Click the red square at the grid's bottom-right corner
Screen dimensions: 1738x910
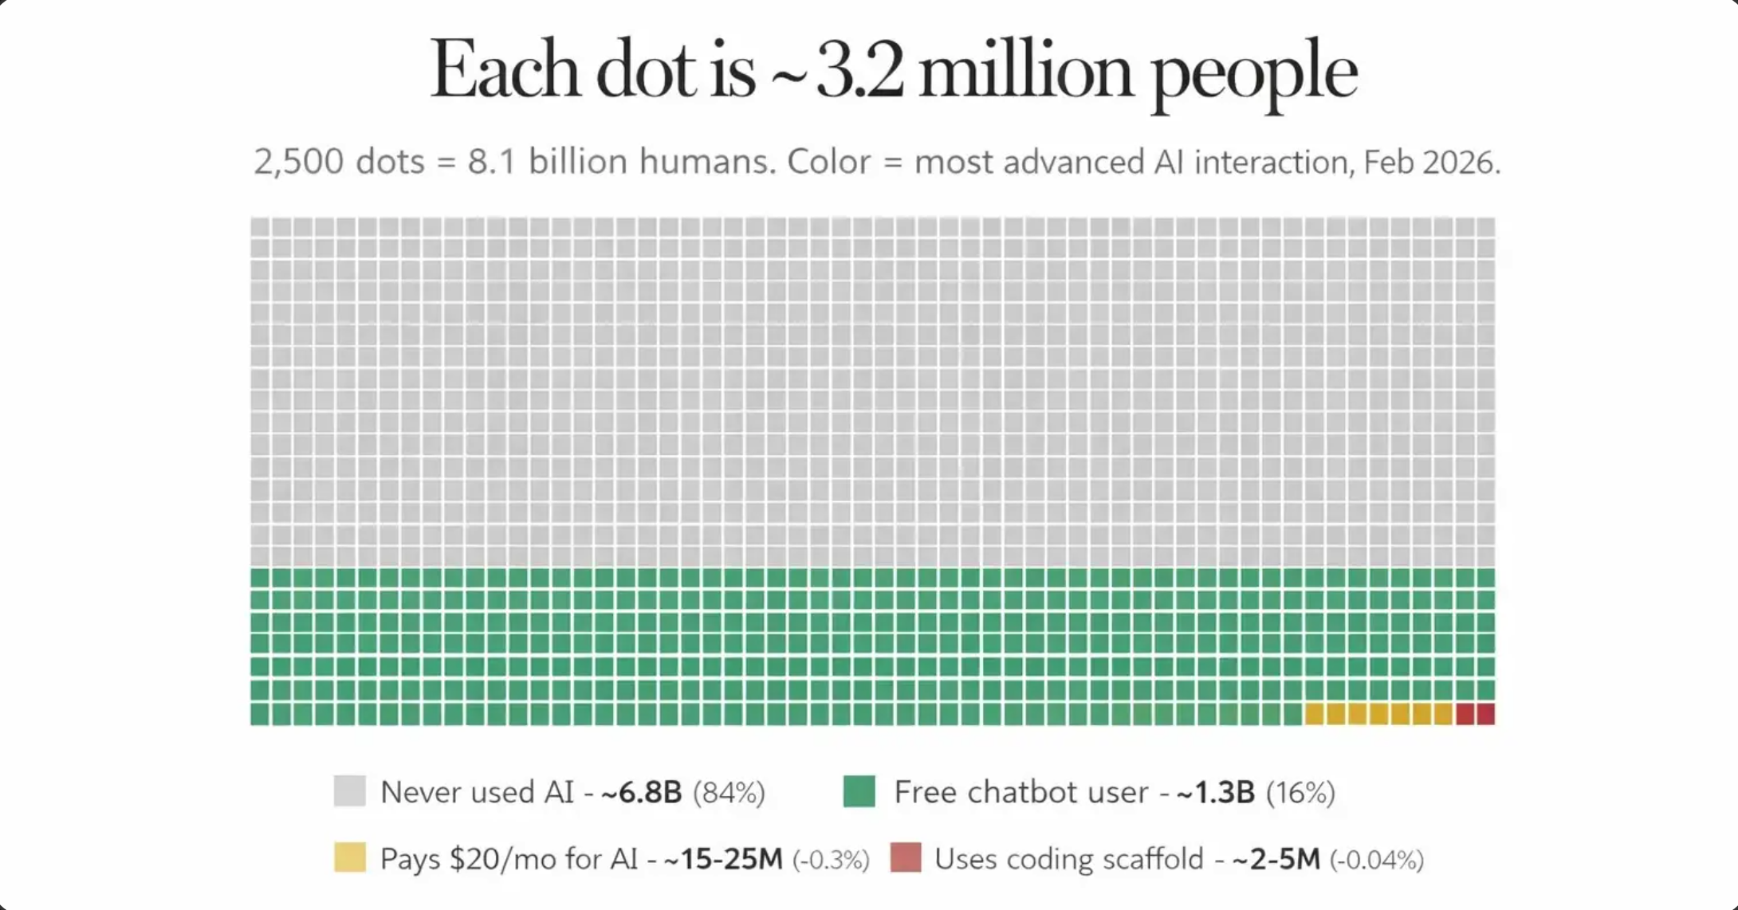tap(1486, 714)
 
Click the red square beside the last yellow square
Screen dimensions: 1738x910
tap(1465, 714)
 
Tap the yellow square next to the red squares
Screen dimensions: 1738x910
tap(1443, 714)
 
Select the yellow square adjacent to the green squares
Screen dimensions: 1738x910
tap(1314, 714)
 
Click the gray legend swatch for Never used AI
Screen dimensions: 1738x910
tap(349, 791)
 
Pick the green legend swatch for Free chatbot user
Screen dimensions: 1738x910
tap(859, 791)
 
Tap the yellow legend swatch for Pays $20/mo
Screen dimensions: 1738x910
tap(349, 857)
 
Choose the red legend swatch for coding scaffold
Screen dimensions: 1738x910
tap(906, 857)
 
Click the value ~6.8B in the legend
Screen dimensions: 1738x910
tap(641, 792)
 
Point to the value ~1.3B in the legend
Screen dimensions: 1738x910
tap(1215, 792)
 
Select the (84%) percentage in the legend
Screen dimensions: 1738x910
tap(729, 793)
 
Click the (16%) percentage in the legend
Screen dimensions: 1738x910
tap(1300, 793)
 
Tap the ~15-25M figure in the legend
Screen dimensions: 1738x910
tap(723, 859)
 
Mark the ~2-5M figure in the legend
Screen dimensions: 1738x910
tap(1276, 859)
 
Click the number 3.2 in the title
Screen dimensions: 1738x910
tap(860, 71)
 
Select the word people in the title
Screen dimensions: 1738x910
tap(1254, 73)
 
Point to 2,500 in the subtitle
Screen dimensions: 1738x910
tap(299, 162)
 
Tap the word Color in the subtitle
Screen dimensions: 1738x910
tap(829, 162)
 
